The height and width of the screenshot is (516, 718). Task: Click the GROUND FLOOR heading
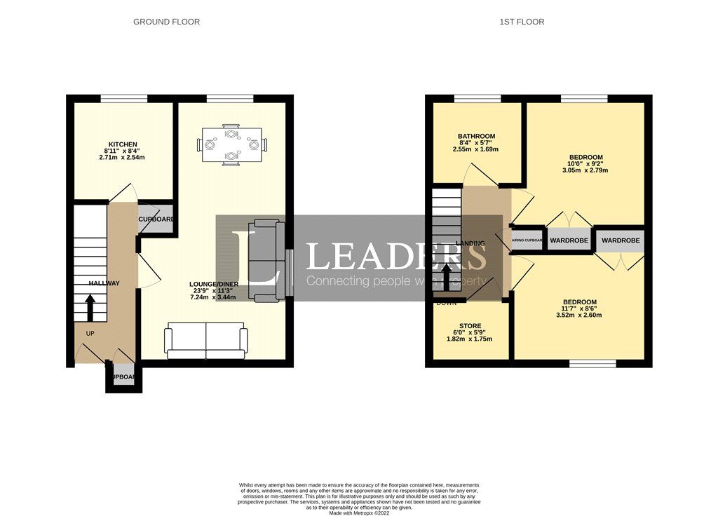[x=166, y=22]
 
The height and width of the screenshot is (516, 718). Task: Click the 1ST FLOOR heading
[x=522, y=22]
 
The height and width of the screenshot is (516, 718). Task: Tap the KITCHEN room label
[x=122, y=144]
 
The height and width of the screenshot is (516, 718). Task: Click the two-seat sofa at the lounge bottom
[x=205, y=341]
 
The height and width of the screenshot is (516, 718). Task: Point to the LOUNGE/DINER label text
[x=213, y=284]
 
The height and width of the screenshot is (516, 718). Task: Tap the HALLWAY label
[x=104, y=283]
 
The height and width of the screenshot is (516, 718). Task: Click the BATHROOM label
[x=476, y=137]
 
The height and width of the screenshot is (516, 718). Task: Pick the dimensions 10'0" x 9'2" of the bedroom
[x=585, y=164]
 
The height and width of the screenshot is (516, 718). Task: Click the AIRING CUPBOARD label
[x=527, y=240]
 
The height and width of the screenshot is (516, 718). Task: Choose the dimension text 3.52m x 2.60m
[x=578, y=315]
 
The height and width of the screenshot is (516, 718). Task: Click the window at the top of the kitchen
[x=123, y=99]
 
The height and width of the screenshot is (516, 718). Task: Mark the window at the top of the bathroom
[x=477, y=99]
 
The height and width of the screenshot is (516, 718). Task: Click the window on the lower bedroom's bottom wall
[x=592, y=363]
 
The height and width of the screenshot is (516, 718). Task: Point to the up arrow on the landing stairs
[x=447, y=273]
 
